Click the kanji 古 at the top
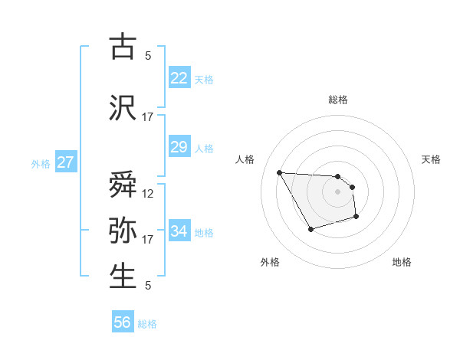(x=123, y=47)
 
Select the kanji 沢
(x=123, y=108)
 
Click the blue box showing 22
(x=179, y=78)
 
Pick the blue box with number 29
(x=179, y=147)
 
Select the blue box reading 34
(x=179, y=231)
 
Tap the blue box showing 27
(x=66, y=162)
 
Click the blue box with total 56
(x=123, y=322)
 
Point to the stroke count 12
(x=148, y=194)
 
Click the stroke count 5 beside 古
(x=148, y=55)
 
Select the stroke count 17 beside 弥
(x=148, y=240)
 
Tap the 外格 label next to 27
(x=40, y=164)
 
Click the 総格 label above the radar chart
(x=338, y=100)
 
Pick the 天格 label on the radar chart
(x=432, y=159)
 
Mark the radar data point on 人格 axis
(x=279, y=172)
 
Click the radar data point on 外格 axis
(x=310, y=229)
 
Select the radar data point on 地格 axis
(x=357, y=218)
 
